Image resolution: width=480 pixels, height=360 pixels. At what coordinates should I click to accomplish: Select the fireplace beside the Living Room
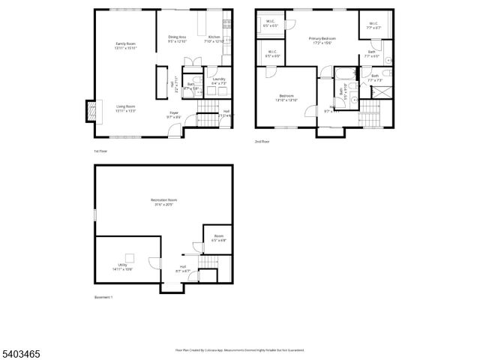pos(91,111)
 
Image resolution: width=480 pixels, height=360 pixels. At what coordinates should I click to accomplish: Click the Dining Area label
pos(178,38)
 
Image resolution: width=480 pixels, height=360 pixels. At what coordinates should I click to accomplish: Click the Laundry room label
pos(219,80)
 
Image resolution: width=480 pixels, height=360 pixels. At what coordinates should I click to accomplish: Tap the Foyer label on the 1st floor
pos(173,114)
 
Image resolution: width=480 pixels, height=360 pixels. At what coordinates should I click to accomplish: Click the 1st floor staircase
pos(207,120)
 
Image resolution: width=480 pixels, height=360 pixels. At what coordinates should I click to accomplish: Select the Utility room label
pos(123,266)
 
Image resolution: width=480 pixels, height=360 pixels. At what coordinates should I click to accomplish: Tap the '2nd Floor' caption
pos(262,142)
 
